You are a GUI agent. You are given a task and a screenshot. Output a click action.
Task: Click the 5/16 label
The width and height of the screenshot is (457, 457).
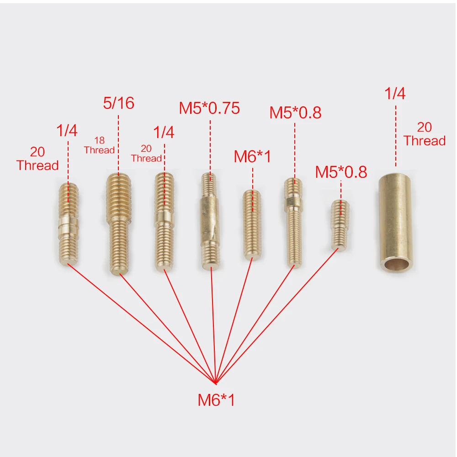[118, 103]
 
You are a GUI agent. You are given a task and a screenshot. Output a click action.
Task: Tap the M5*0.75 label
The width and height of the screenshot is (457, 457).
[209, 108]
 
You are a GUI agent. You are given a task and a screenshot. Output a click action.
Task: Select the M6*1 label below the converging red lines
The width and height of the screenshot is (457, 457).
[216, 401]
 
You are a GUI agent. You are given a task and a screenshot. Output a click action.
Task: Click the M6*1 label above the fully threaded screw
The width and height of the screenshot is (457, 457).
[252, 157]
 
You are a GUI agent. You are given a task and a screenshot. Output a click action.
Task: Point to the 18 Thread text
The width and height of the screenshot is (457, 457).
[99, 145]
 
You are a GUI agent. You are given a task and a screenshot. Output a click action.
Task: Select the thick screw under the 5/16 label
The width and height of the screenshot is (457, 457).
[118, 224]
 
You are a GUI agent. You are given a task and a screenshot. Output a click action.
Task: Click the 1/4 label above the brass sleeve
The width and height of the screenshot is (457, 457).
[395, 94]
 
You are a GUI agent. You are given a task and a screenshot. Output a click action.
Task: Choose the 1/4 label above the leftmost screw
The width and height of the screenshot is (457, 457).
[67, 131]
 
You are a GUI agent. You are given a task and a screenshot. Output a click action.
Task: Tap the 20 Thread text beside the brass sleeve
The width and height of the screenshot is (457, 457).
[424, 134]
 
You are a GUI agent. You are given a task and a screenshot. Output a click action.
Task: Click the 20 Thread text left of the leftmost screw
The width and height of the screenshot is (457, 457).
[37, 159]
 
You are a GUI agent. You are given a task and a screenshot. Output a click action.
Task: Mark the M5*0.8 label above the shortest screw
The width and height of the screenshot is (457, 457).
[341, 172]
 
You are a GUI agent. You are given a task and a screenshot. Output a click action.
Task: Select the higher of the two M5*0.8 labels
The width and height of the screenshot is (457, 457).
[295, 112]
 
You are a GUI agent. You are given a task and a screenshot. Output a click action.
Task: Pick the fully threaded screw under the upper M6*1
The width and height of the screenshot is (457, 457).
[252, 224]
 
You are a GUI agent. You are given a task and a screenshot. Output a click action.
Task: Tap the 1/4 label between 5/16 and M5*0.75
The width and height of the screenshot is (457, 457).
[163, 133]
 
